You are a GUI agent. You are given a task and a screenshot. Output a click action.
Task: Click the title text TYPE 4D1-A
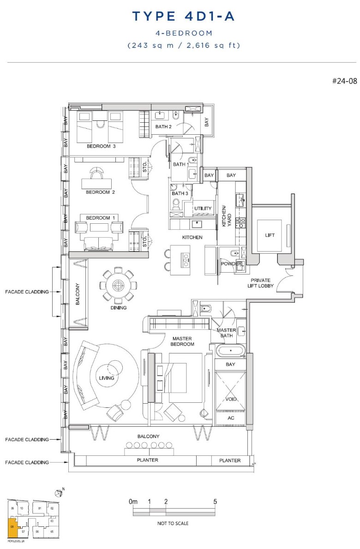pos(184,17)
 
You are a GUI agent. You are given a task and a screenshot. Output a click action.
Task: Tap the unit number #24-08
pos(344,81)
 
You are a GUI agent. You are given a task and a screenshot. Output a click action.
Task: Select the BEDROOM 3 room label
pos(101,146)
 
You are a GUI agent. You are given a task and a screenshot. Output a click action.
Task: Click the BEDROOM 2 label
pos(100,192)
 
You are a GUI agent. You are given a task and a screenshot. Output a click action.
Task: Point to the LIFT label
pos(270,235)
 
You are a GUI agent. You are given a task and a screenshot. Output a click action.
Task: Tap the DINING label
pos(119,308)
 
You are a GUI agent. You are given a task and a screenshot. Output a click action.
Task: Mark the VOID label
pos(231,399)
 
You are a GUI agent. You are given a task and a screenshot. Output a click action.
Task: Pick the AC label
pos(231,418)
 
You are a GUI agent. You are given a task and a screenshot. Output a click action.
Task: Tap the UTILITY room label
pos(203,209)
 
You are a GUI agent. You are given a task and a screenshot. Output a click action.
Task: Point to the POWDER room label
pos(231,264)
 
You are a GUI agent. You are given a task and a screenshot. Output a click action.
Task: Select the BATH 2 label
pos(163,127)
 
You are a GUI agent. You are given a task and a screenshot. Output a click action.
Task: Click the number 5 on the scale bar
pos(215,501)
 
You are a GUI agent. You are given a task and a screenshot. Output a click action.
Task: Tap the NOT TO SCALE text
pos(173,523)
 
